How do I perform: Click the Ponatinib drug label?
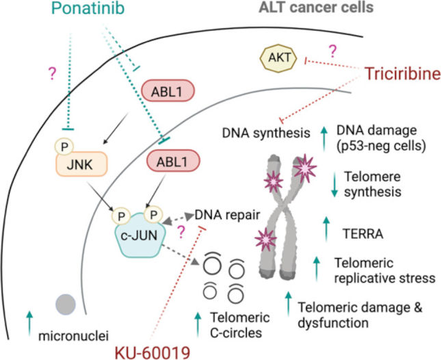pyautogui.click(x=88, y=8)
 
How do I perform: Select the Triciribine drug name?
pyautogui.click(x=403, y=74)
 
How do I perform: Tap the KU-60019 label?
pyautogui.click(x=152, y=352)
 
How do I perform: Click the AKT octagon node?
pyautogui.click(x=278, y=58)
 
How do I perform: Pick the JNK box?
pyautogui.click(x=81, y=164)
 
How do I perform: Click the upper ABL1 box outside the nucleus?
pyautogui.click(x=168, y=91)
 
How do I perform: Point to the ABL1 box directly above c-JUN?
pyautogui.click(x=173, y=162)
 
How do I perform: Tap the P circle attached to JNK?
pyautogui.click(x=64, y=146)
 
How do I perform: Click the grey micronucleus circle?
pyautogui.click(x=66, y=305)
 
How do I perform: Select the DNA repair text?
pyautogui.click(x=227, y=215)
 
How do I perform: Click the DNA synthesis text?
pyautogui.click(x=266, y=133)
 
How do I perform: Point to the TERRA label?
pyautogui.click(x=363, y=233)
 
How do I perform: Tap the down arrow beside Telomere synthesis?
pyautogui.click(x=334, y=184)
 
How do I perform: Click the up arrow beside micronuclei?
pyautogui.click(x=29, y=324)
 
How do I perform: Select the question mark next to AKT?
pyautogui.click(x=332, y=51)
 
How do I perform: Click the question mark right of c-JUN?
pyautogui.click(x=181, y=233)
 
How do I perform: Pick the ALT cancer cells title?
pyautogui.click(x=316, y=8)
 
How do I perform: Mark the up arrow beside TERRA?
pyautogui.click(x=326, y=229)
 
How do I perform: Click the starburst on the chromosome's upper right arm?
pyautogui.click(x=305, y=168)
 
